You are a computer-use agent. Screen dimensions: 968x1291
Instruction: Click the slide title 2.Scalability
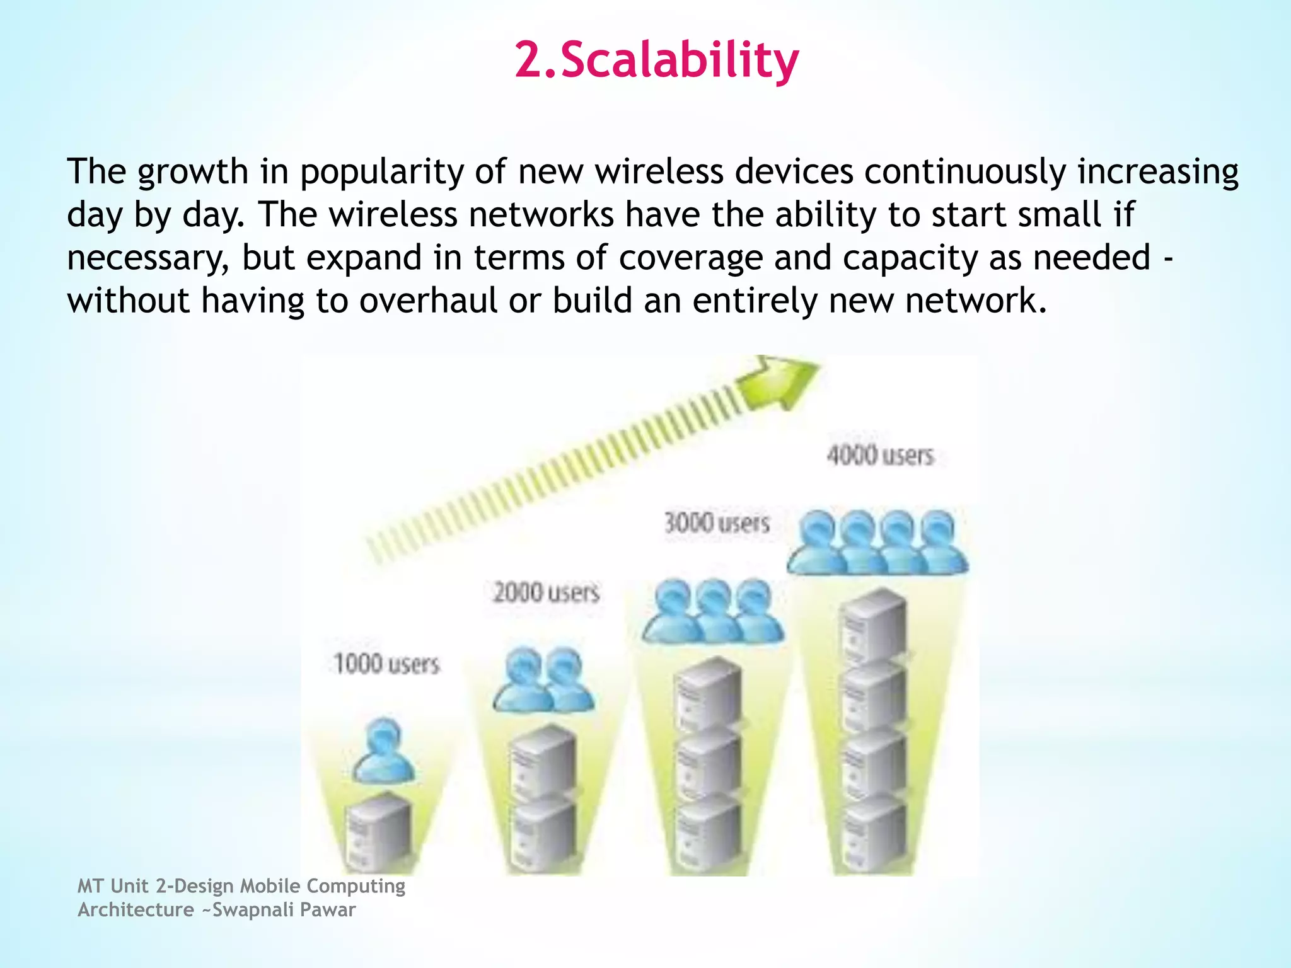[657, 60]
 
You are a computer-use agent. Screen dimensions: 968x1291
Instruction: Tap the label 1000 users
[386, 664]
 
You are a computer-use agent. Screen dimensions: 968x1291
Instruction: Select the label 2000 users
[546, 593]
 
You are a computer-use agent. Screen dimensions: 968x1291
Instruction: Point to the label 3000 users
[717, 523]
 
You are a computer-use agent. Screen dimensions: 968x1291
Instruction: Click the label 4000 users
[880, 455]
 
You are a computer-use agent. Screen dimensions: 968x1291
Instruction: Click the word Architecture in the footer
[136, 910]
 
